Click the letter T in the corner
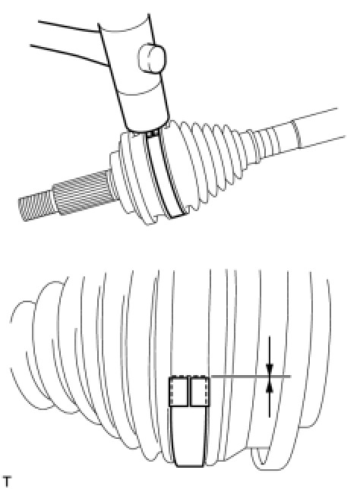[6, 481]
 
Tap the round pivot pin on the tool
[152, 58]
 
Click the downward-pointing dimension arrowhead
[270, 369]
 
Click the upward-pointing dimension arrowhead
[270, 386]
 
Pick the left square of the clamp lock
[178, 391]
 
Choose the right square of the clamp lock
[200, 391]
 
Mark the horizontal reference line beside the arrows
[251, 377]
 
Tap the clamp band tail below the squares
[189, 437]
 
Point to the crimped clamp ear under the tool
[153, 134]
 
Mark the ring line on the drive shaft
[297, 134]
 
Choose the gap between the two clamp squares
[189, 391]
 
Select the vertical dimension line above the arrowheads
[270, 350]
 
